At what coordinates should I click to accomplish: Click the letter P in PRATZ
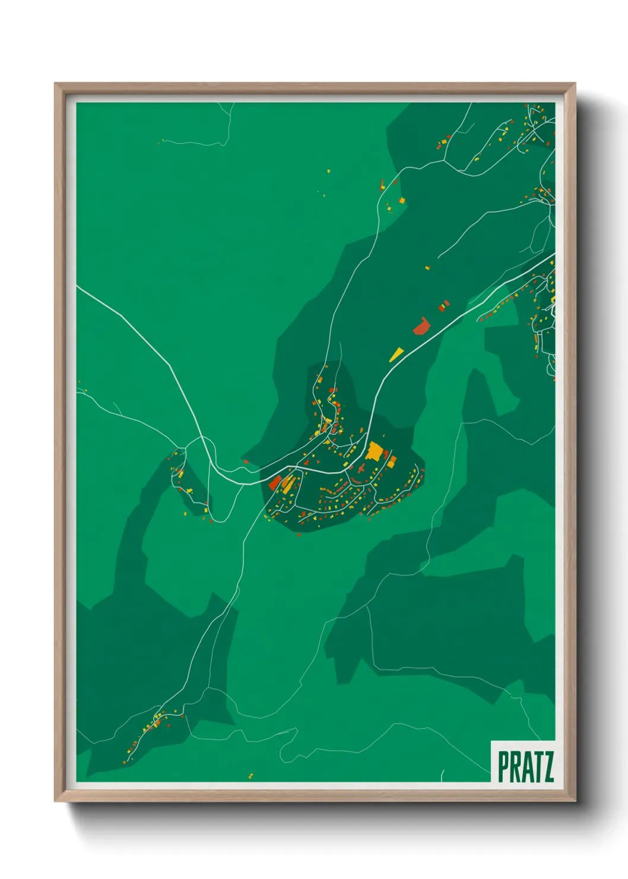(x=503, y=767)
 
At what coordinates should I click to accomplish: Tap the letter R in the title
(x=514, y=767)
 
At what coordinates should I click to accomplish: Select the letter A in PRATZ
(x=526, y=767)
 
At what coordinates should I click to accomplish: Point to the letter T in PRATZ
(x=537, y=767)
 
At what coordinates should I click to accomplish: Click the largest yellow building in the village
(x=375, y=451)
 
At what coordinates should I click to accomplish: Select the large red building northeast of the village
(x=421, y=326)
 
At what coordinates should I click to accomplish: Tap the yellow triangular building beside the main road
(x=396, y=355)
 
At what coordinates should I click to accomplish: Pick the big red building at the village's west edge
(x=275, y=483)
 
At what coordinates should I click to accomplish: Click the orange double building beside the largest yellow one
(x=392, y=461)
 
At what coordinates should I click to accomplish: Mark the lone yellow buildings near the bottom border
(x=250, y=776)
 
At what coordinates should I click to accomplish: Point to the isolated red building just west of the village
(x=246, y=461)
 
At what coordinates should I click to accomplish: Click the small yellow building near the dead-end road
(x=427, y=268)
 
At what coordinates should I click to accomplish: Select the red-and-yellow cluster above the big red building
(x=444, y=305)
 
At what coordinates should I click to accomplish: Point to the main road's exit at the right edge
(x=554, y=255)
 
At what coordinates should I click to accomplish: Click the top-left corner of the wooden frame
(x=55, y=84)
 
